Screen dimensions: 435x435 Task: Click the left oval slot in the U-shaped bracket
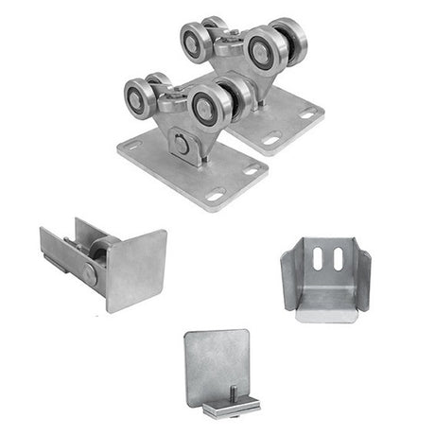point(317,259)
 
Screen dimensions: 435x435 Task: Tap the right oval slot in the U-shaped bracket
point(332,259)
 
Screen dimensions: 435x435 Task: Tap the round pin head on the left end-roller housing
point(88,273)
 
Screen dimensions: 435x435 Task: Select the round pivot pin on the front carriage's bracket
point(180,143)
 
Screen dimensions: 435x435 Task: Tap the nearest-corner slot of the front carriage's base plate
point(216,196)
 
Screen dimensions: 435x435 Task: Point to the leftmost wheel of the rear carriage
point(196,41)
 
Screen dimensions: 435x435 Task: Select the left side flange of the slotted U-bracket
point(290,274)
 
